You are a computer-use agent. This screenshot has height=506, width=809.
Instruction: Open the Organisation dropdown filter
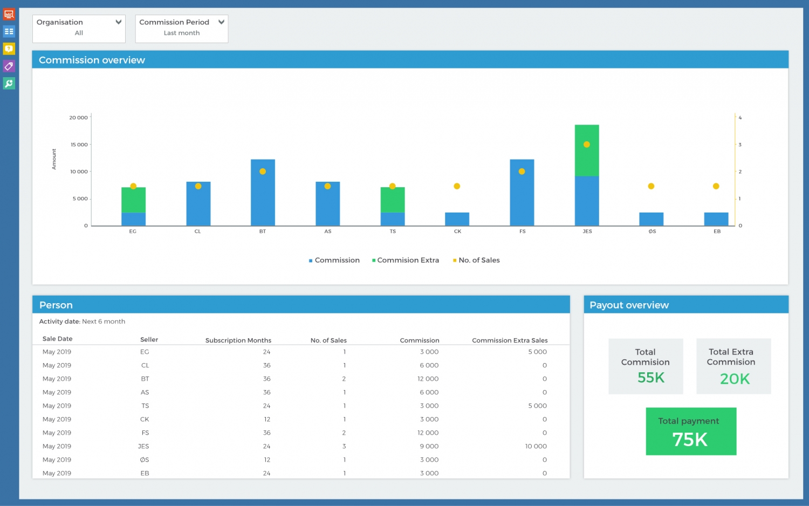[x=79, y=28]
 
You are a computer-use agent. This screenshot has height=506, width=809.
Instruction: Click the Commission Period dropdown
[x=182, y=28]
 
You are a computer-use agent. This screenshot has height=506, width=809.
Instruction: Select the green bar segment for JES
[x=587, y=151]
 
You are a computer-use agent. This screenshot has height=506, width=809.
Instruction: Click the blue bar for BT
[x=263, y=193]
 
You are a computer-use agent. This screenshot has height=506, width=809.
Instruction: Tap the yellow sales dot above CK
[x=457, y=186]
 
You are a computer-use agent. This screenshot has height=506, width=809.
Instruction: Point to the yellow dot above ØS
[x=651, y=186]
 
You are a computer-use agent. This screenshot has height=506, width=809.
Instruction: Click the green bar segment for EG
[x=133, y=200]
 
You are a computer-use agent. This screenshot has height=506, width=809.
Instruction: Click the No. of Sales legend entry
[x=478, y=260]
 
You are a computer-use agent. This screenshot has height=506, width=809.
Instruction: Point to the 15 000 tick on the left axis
[x=79, y=145]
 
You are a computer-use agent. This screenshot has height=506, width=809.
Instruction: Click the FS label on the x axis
[x=522, y=231]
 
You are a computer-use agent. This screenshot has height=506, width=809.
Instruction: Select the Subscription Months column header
[x=238, y=340]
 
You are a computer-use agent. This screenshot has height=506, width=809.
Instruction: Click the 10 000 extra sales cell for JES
[x=536, y=446]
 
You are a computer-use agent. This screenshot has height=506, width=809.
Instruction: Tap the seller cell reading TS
[x=145, y=406]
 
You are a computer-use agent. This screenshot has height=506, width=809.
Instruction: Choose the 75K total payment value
[x=690, y=440]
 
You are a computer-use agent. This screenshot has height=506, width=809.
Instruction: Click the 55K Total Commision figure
[x=650, y=378]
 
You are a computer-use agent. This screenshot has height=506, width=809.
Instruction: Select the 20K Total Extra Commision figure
[x=735, y=379]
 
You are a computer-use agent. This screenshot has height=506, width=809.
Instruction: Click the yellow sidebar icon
[x=9, y=49]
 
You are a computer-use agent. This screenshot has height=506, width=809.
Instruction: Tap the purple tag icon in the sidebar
[x=9, y=66]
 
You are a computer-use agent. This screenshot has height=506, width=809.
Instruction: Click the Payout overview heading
[x=629, y=305]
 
